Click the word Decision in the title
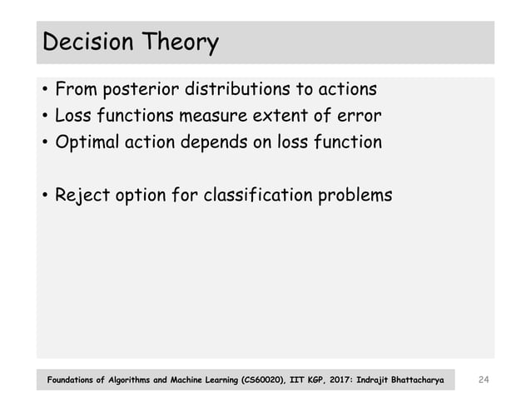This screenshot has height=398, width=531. (86, 42)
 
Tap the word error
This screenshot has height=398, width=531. (358, 115)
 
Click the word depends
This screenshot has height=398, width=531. (220, 142)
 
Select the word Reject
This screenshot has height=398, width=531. (82, 197)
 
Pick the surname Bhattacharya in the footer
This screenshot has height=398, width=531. (414, 381)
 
